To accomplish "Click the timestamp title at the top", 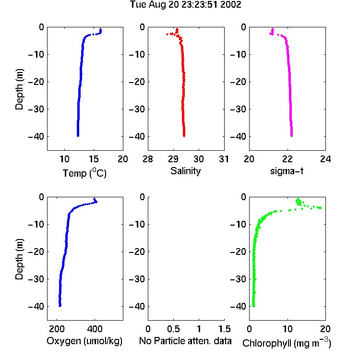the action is (185, 5).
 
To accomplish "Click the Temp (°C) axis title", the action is (84, 173).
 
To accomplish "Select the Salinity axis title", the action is (185, 171).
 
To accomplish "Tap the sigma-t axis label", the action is (287, 171).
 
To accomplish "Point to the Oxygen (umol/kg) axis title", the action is (84, 341).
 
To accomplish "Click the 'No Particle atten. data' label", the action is (185, 341).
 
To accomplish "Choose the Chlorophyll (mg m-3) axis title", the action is (287, 343).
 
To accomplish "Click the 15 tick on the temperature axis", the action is (94, 159).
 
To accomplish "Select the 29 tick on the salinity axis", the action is (173, 159).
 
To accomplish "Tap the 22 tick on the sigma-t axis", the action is (287, 159).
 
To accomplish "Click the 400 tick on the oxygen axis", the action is (95, 329).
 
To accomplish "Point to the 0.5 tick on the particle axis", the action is (173, 329).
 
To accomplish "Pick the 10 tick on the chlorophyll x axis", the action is (287, 329).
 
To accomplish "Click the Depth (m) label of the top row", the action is (19, 89).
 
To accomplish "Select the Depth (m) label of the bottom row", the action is (19, 259).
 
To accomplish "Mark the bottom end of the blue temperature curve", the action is (78, 136).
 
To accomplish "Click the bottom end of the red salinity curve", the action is (184, 136).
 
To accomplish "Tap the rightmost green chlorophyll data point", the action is (321, 208).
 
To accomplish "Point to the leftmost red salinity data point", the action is (167, 34).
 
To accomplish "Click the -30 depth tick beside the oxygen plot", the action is (36, 279).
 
